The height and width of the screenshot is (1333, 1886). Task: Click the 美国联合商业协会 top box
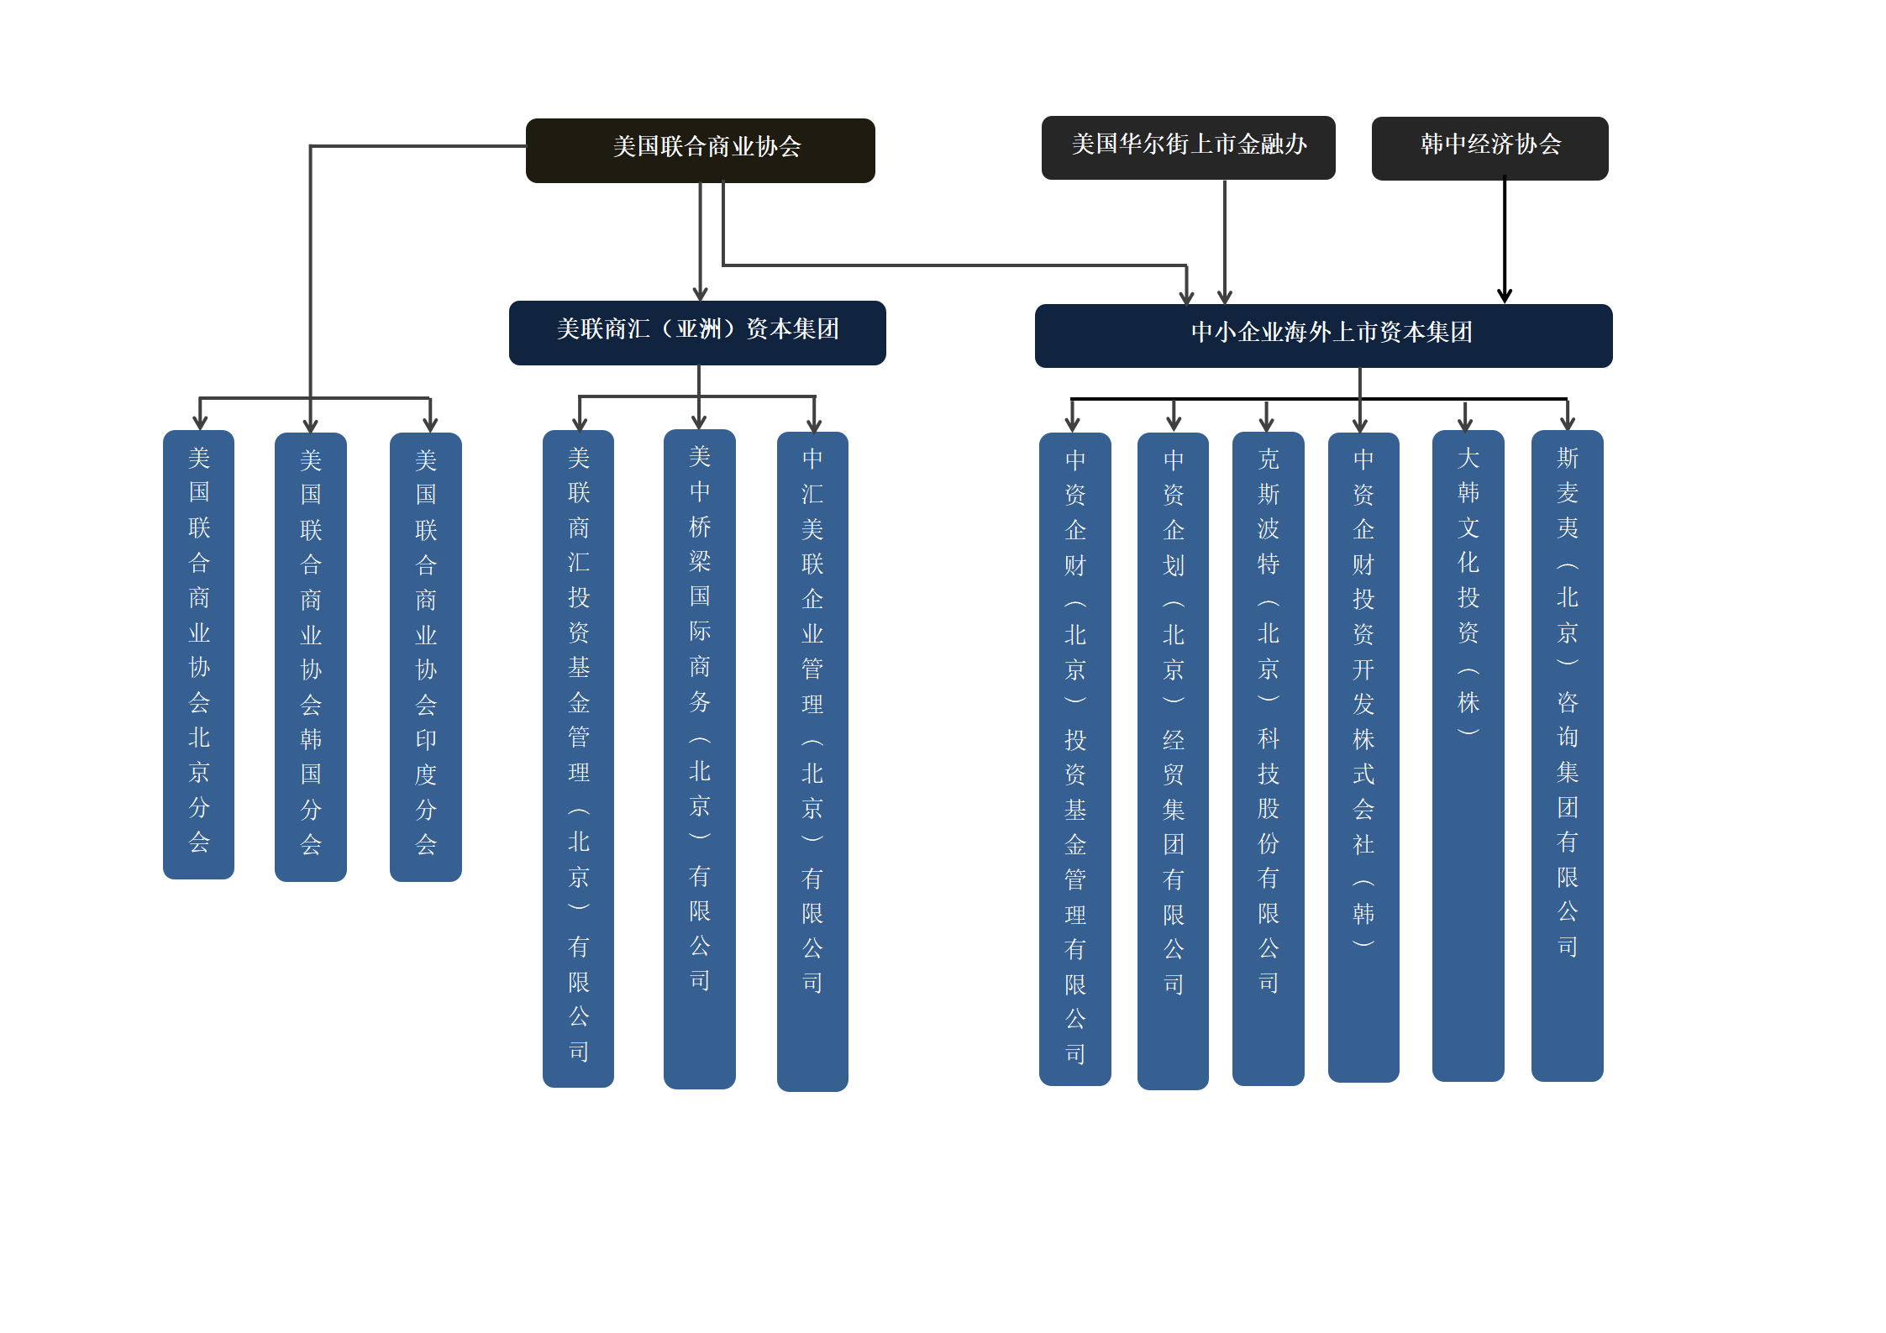[700, 150]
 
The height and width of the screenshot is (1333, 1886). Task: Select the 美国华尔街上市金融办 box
[1188, 148]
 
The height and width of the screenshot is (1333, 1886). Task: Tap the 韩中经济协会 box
[1489, 149]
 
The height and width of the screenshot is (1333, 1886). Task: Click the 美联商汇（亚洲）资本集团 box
[697, 333]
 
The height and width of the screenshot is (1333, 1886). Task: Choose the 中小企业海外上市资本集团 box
[1323, 336]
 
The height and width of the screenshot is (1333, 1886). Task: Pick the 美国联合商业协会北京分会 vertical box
[198, 654]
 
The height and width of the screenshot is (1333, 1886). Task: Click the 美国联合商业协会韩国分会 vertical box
[311, 657]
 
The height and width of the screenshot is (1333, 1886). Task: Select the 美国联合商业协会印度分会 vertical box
[426, 657]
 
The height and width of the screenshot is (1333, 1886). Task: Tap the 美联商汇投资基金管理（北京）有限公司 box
[578, 758]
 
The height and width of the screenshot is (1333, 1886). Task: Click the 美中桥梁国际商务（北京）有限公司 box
[700, 758]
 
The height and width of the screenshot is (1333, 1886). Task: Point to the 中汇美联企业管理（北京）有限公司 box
[812, 761]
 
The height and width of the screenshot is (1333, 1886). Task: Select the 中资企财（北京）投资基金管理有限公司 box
[1075, 758]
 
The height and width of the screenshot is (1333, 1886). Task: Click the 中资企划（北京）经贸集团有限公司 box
[1173, 761]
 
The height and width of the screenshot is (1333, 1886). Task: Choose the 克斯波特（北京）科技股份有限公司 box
[1269, 758]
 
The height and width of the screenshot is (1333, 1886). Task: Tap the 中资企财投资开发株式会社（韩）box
[1363, 757]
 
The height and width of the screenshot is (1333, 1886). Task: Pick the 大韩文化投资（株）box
[1468, 755]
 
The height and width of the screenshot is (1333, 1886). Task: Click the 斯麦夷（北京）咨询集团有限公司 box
[1568, 755]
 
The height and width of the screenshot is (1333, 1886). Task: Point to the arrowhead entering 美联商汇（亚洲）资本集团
[700, 293]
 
